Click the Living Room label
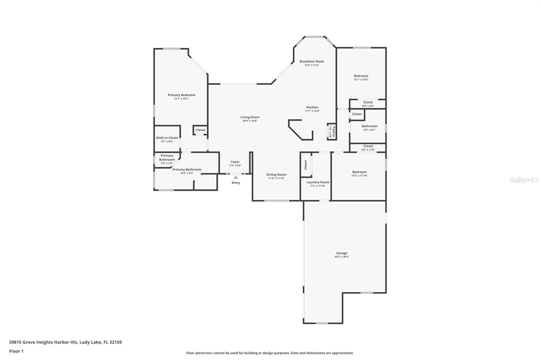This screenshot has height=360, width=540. point(250,117)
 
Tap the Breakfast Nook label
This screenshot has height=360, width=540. point(312,61)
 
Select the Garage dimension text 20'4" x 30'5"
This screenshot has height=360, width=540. point(342,257)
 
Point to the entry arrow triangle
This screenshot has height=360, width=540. point(236,177)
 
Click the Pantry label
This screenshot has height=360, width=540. point(334,131)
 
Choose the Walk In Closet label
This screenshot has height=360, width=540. point(167,138)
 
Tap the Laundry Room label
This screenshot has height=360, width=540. point(318,182)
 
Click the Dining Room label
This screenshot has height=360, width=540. point(276,175)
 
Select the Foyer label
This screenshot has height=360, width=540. point(235,162)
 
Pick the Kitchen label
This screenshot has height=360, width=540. point(312,107)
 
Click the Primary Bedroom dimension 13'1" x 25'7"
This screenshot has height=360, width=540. point(181,99)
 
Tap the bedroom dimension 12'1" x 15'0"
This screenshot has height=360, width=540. point(361,80)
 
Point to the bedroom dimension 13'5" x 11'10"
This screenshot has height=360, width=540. point(359,176)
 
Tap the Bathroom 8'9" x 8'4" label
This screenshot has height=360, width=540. point(369,126)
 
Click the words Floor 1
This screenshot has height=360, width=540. point(16,351)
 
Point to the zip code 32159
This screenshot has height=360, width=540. point(115,342)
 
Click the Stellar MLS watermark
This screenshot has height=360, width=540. point(524,180)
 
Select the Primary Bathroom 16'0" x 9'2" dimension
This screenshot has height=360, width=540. point(187,173)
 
